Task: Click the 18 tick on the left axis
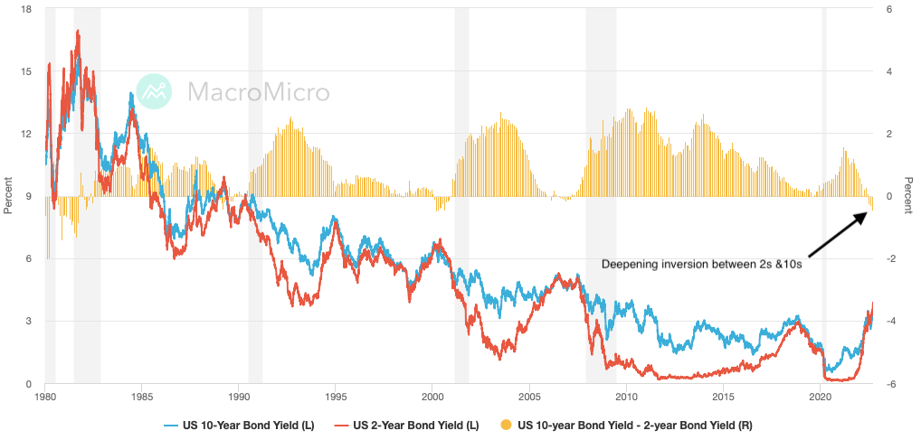click(27, 9)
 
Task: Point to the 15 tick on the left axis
click(27, 71)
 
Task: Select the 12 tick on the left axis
click(27, 134)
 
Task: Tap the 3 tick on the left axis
click(30, 322)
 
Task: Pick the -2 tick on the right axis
click(889, 259)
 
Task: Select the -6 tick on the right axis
click(889, 384)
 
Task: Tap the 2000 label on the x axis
click(432, 397)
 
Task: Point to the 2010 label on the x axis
click(626, 397)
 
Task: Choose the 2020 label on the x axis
click(820, 397)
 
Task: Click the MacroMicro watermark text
click(258, 91)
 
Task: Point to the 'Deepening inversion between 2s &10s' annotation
click(701, 264)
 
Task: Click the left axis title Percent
click(8, 196)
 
